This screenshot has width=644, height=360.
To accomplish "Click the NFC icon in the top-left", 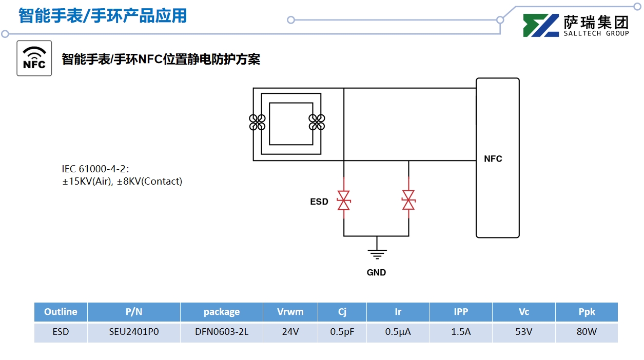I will pyautogui.click(x=34, y=58).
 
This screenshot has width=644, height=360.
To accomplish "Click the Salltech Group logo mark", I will pyautogui.click(x=541, y=25).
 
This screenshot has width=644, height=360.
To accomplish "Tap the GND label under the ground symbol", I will pyautogui.click(x=376, y=272).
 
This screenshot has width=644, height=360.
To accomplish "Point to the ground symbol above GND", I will pyautogui.click(x=377, y=253).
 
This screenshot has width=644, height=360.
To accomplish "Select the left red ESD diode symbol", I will pyautogui.click(x=343, y=200).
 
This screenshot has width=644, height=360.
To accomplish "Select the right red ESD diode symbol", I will pyautogui.click(x=408, y=200).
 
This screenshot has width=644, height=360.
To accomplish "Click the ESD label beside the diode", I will pyautogui.click(x=319, y=202).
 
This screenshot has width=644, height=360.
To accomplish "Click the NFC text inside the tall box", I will pyautogui.click(x=493, y=159).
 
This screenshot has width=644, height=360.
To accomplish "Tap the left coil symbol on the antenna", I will pyautogui.click(x=257, y=122).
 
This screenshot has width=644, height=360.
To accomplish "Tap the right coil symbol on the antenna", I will pyautogui.click(x=317, y=122).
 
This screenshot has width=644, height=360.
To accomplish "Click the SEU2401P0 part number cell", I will pyautogui.click(x=134, y=332).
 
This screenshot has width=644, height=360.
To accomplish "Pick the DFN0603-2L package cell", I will pyautogui.click(x=222, y=332).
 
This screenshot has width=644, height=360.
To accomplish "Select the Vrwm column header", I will pyautogui.click(x=290, y=312).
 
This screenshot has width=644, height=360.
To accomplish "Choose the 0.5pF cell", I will pyautogui.click(x=342, y=332).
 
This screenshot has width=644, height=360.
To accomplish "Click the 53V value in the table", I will pyautogui.click(x=524, y=332).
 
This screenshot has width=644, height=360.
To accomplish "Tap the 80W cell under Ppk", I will pyautogui.click(x=587, y=332).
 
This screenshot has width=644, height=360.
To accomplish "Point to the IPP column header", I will pyautogui.click(x=461, y=312).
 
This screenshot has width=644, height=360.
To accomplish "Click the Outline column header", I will pyautogui.click(x=61, y=312).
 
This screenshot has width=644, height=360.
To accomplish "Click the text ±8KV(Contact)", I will pyautogui.click(x=149, y=181).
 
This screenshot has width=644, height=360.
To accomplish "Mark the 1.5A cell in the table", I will pyautogui.click(x=461, y=332).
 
